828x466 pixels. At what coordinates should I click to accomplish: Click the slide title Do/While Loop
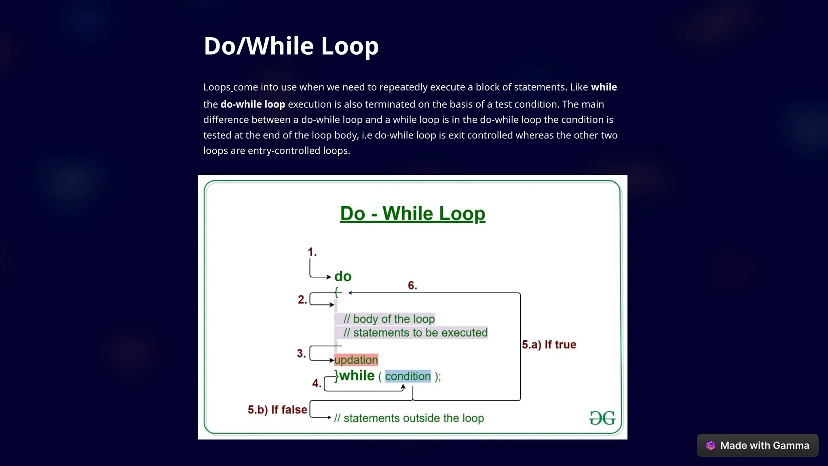291,46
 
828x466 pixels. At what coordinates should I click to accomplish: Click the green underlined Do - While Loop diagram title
412,213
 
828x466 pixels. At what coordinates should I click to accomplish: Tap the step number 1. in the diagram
312,252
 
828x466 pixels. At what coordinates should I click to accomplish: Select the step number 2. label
302,300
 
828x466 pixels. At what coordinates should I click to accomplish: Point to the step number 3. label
301,354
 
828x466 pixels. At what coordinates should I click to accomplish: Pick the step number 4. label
317,383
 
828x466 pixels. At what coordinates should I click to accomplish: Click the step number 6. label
412,286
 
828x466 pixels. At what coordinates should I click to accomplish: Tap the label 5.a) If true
549,345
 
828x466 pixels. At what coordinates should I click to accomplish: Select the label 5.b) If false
277,410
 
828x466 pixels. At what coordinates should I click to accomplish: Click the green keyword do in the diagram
343,277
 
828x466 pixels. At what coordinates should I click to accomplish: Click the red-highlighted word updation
356,360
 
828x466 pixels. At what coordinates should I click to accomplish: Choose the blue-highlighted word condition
408,376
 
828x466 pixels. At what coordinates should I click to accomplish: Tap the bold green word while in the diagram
357,376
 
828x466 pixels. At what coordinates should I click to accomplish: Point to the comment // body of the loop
389,319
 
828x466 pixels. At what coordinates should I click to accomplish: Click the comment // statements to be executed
415,333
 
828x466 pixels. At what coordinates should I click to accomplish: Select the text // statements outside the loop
409,418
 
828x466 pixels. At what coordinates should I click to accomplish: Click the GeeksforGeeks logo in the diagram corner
602,418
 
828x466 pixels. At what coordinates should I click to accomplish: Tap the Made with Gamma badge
758,445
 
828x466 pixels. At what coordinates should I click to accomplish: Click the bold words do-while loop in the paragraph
253,104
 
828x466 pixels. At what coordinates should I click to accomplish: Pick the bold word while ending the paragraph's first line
604,87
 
